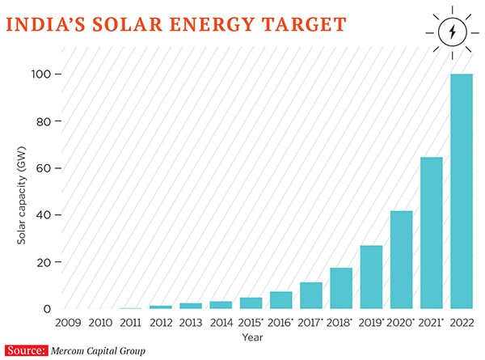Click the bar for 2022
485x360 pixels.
(461, 191)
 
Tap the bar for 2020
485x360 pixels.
(401, 260)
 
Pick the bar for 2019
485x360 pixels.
(371, 277)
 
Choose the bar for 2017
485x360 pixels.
(311, 295)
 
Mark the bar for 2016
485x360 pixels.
(281, 300)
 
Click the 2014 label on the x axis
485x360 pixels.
(221, 322)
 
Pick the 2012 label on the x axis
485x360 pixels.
(161, 322)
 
